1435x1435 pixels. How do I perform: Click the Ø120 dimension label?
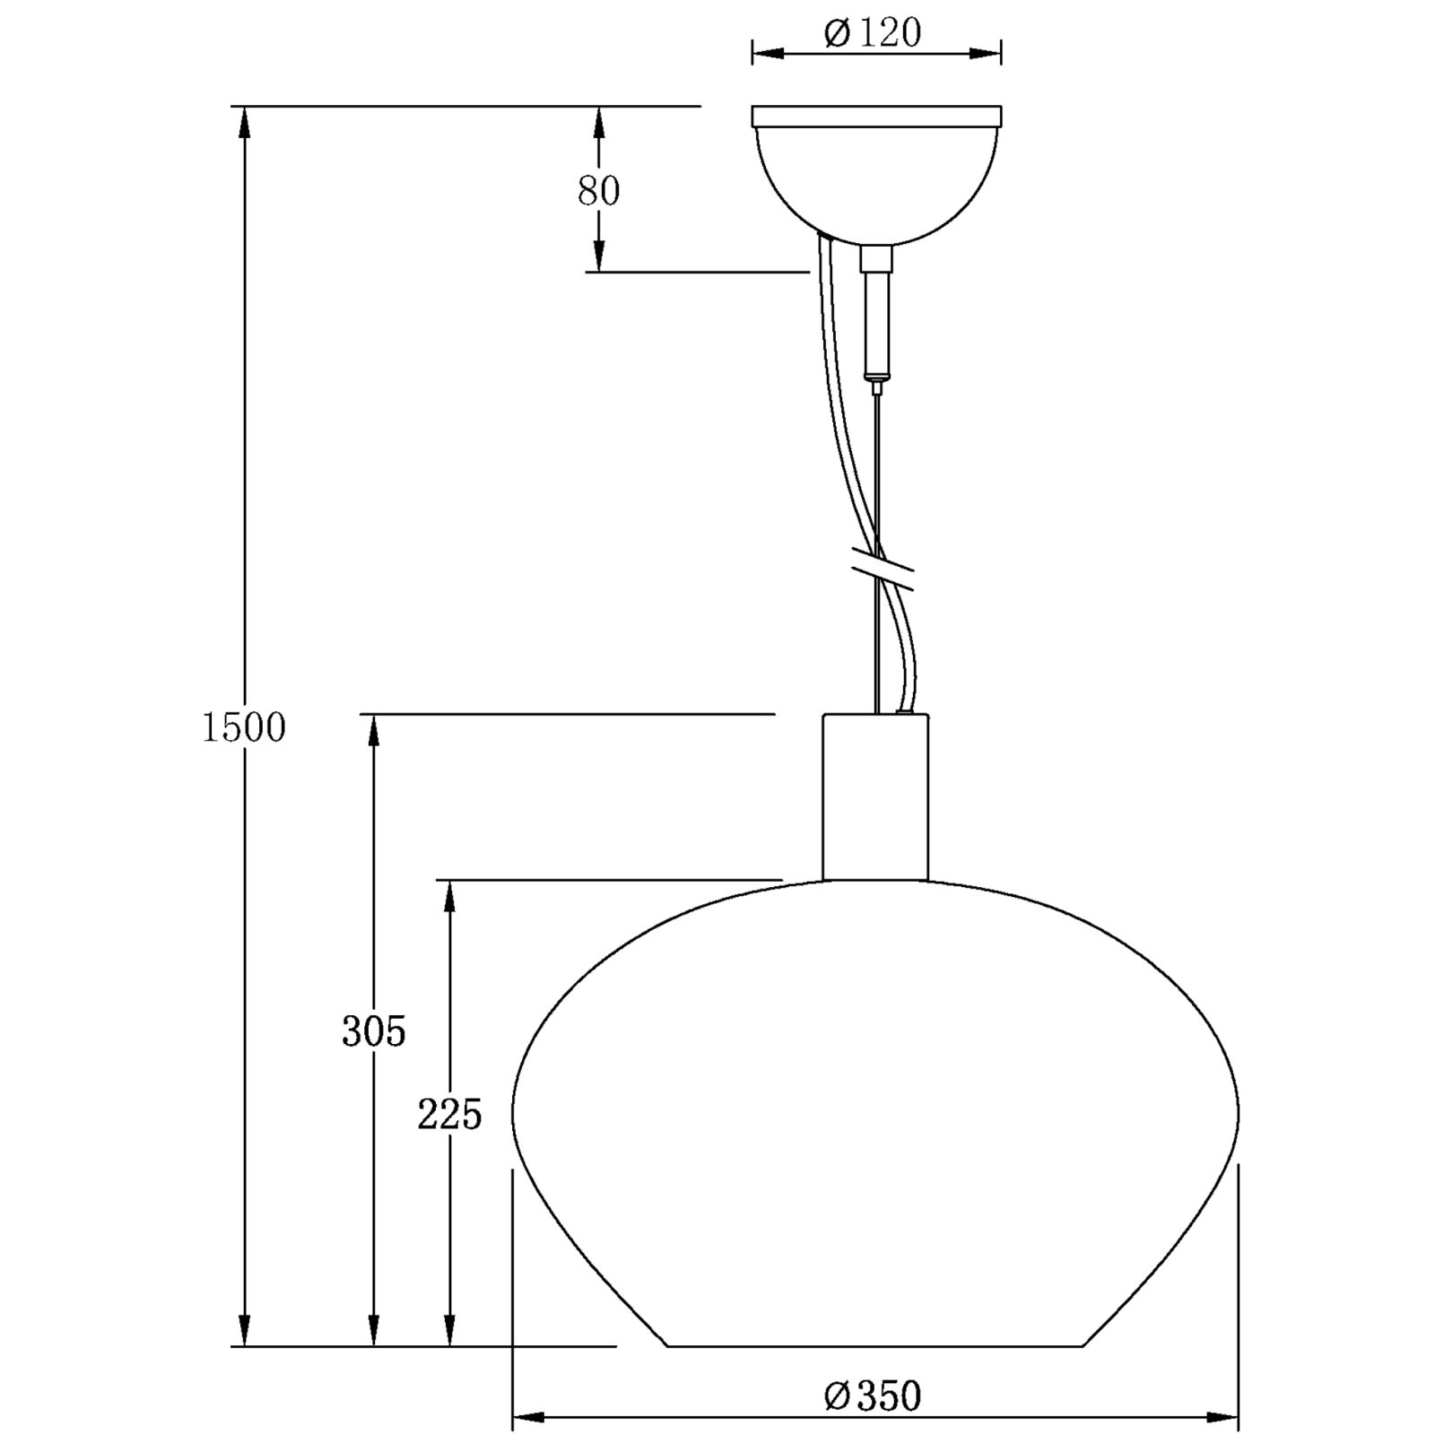(x=873, y=34)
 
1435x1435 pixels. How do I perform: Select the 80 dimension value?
(x=598, y=191)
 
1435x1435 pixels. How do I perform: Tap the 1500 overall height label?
(x=243, y=727)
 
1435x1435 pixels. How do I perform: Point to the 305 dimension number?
(x=373, y=1032)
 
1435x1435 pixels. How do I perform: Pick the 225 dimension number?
(x=449, y=1115)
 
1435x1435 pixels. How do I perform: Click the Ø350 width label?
(x=873, y=1396)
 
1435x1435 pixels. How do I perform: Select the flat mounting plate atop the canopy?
(x=876, y=117)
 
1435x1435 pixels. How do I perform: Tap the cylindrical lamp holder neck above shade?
(x=875, y=796)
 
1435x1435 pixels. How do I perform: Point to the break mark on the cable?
(x=882, y=570)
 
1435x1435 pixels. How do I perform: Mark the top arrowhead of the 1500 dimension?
(x=243, y=122)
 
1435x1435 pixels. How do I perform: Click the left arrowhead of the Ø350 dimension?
(x=529, y=1418)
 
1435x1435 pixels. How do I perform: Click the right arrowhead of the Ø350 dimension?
(x=1222, y=1418)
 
